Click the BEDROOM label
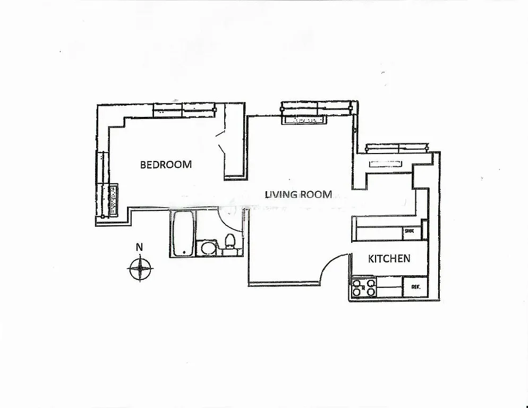(x=166, y=165)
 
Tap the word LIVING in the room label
(x=281, y=194)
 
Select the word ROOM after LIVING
(x=317, y=194)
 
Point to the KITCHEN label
(x=389, y=259)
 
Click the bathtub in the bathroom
(x=183, y=234)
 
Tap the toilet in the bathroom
(x=230, y=242)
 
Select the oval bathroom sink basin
(x=206, y=248)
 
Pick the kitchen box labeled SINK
(x=410, y=231)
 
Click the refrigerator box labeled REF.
(x=415, y=287)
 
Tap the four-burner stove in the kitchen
(x=364, y=287)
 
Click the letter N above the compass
(x=139, y=246)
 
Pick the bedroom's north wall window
(x=184, y=110)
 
